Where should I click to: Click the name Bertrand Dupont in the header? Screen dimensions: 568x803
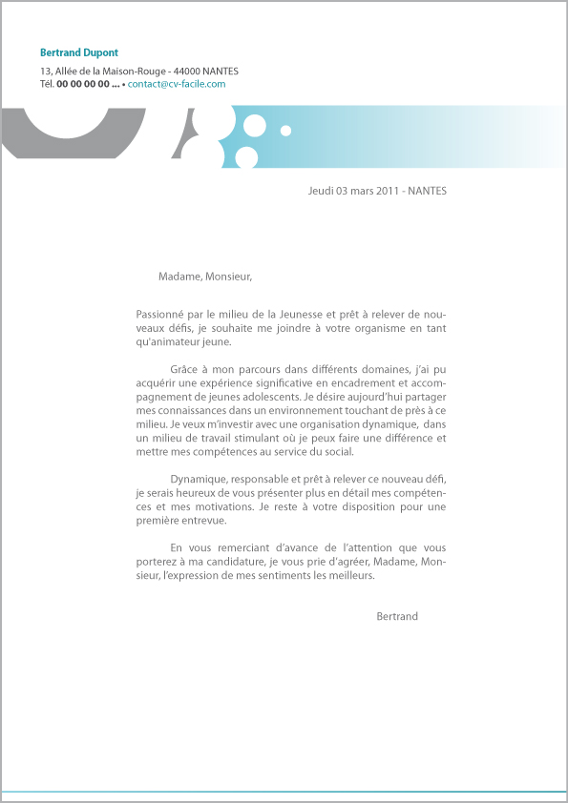point(79,52)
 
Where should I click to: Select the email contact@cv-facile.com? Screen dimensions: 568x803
point(177,84)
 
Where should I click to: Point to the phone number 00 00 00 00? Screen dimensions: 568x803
point(83,84)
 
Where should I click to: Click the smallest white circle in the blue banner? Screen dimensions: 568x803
point(285,130)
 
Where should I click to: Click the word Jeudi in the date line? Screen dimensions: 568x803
point(322,191)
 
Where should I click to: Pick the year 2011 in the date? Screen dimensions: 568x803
point(388,191)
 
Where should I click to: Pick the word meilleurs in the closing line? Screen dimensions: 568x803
point(348,575)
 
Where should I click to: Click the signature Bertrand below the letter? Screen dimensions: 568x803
point(397,617)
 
